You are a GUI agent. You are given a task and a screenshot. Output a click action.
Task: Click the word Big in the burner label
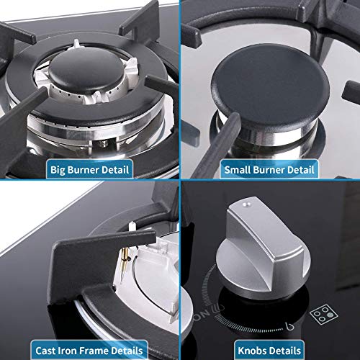[x=58, y=171]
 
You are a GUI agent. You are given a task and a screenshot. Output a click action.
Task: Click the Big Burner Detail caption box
[x=89, y=171]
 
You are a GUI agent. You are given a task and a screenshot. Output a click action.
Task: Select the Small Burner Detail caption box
[x=269, y=171]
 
